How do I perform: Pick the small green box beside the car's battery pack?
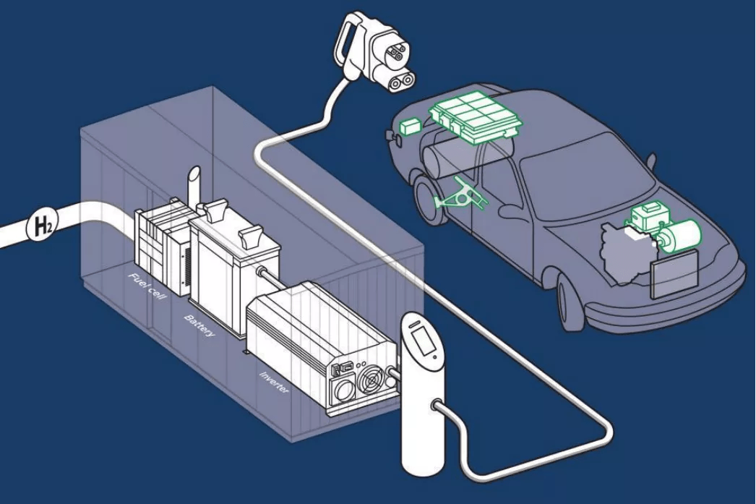coord(410,126)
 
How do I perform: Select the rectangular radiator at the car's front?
coord(674,274)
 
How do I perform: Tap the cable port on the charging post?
coord(437,406)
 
